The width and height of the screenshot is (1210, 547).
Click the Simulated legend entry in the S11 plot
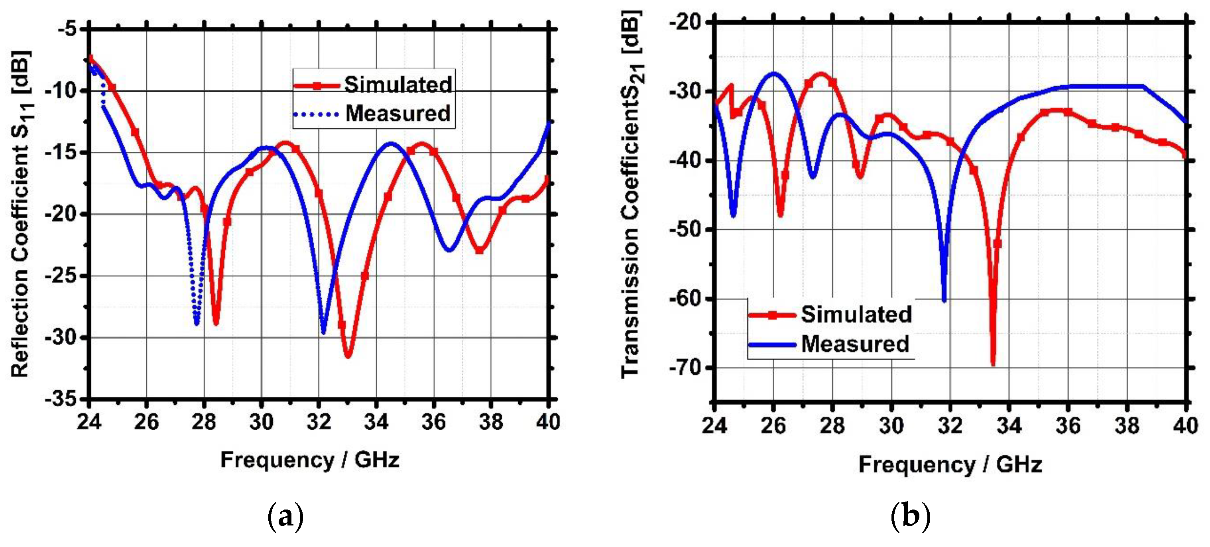coord(398,85)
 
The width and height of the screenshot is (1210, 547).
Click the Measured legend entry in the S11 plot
coord(398,114)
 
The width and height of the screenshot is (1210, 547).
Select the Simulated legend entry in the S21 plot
coord(856,314)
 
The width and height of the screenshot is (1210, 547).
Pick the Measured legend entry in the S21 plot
coord(855,344)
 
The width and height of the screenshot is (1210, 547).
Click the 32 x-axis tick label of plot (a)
coord(319,422)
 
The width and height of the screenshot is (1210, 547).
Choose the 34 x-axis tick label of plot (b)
coord(1009,426)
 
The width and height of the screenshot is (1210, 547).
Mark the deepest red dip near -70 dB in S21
coord(993,364)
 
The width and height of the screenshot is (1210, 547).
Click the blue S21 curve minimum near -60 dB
coord(944,301)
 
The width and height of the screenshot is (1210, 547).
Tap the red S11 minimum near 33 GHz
coord(348,356)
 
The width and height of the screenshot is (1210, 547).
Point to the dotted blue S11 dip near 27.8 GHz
coord(196,323)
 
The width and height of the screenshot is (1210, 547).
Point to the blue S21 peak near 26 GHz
coord(773,73)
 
